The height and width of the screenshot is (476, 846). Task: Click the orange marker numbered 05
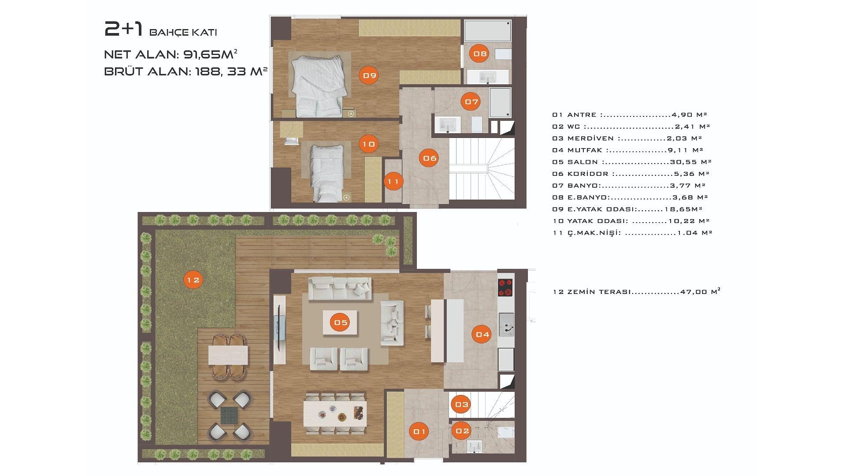(341, 322)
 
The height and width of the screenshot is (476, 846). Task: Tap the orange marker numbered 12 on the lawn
(193, 279)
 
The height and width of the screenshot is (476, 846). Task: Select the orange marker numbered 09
(369, 75)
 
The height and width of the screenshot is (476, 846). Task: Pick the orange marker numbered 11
(393, 181)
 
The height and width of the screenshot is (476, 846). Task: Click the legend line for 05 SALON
(631, 162)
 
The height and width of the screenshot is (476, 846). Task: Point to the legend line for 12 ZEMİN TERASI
(636, 291)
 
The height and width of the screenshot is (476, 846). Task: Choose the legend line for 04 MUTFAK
(627, 150)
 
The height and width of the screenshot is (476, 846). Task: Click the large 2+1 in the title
(124, 30)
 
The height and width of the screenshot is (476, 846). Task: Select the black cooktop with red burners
(505, 287)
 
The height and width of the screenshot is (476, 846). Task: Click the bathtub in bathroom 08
(488, 31)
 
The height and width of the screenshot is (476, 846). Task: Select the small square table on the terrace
(229, 416)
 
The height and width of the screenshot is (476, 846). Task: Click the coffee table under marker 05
(340, 323)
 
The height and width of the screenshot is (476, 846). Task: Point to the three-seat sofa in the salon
(340, 289)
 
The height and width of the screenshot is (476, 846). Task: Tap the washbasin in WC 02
(474, 446)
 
